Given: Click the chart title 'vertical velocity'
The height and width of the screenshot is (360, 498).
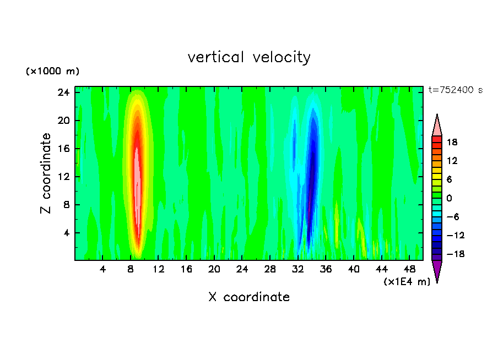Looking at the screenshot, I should [249, 57].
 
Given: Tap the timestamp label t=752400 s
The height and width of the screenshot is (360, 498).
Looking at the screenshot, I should [455, 90].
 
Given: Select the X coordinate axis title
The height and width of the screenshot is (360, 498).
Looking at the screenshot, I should [249, 297].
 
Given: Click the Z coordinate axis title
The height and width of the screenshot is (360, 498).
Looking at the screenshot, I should [47, 173].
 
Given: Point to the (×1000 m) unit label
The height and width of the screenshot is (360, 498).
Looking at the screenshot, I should [52, 72].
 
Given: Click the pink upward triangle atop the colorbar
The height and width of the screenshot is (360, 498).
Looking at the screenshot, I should [437, 126].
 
